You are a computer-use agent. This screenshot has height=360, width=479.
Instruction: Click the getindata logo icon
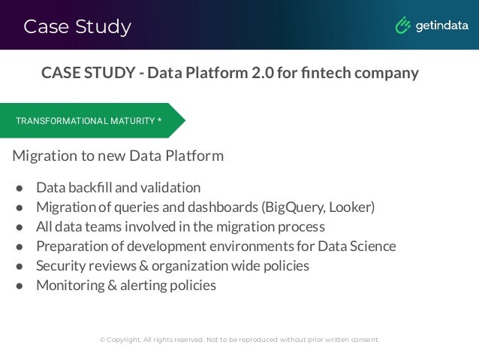[404, 26]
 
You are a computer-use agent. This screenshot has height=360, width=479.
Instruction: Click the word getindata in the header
[442, 26]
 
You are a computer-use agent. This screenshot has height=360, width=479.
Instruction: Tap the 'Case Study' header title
[77, 27]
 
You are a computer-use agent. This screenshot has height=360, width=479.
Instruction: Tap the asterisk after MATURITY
[160, 120]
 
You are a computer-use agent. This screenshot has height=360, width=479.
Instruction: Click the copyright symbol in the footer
[103, 340]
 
